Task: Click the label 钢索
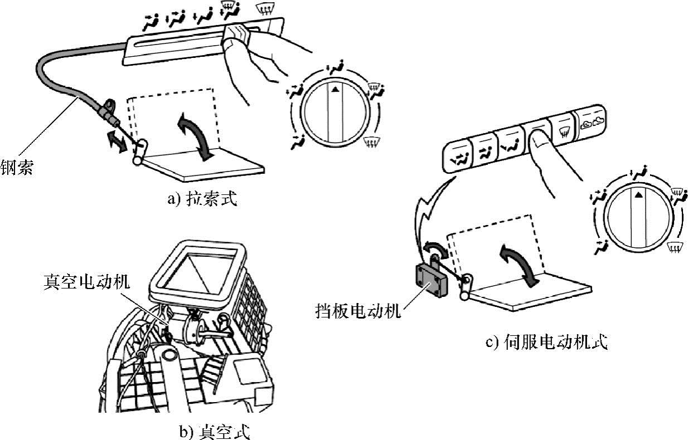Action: (x=16, y=168)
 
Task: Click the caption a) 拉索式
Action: (x=202, y=199)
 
